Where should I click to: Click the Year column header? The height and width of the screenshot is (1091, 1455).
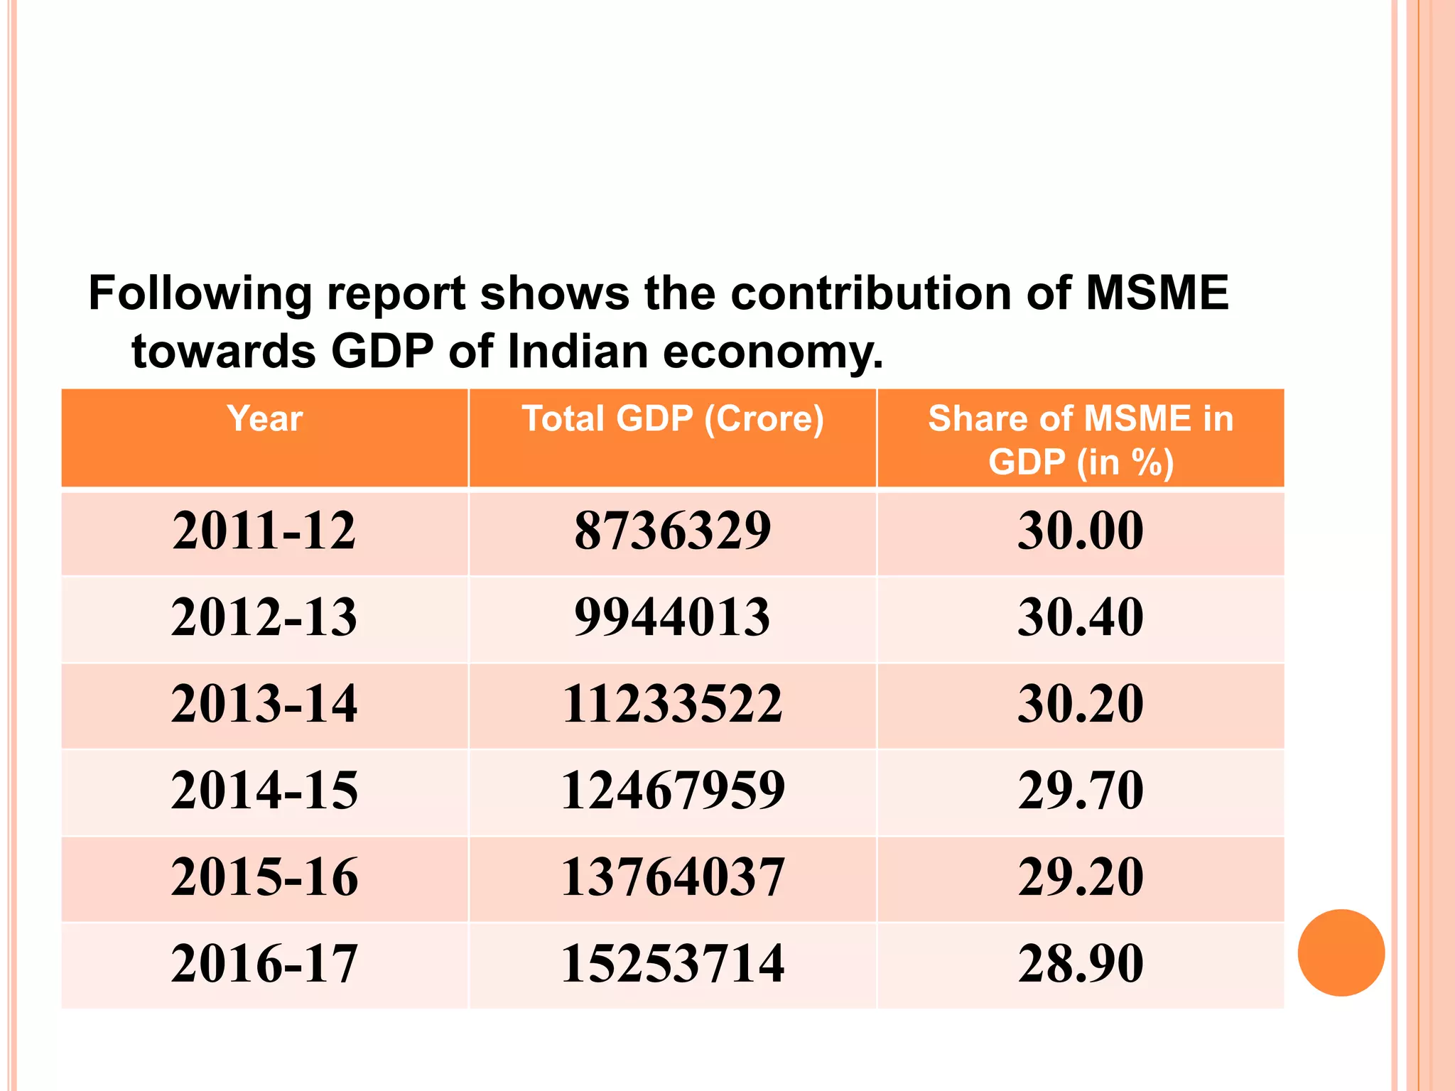pyautogui.click(x=264, y=418)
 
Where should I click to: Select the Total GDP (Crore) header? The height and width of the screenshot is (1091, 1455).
pyautogui.click(x=673, y=418)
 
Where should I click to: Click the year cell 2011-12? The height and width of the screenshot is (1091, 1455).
pyautogui.click(x=264, y=531)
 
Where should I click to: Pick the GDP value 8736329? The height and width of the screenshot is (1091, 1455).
pyautogui.click(x=673, y=531)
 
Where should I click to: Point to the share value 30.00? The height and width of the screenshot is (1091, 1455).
pyautogui.click(x=1081, y=531)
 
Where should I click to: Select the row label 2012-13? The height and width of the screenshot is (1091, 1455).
pyautogui.click(x=264, y=617)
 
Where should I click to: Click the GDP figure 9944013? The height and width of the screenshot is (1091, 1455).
pyautogui.click(x=673, y=617)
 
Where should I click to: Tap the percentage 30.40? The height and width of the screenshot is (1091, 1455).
pyautogui.click(x=1081, y=617)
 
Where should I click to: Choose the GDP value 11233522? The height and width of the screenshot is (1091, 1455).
pyautogui.click(x=673, y=704)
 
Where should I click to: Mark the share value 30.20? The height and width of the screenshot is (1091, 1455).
pyautogui.click(x=1081, y=704)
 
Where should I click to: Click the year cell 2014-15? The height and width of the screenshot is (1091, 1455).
pyautogui.click(x=264, y=791)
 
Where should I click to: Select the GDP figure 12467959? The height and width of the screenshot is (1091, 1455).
pyautogui.click(x=673, y=791)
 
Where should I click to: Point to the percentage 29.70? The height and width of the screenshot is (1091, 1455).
pyautogui.click(x=1081, y=791)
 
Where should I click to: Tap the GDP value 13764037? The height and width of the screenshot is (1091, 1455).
pyautogui.click(x=673, y=877)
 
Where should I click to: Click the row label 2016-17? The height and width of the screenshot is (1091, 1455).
pyautogui.click(x=264, y=964)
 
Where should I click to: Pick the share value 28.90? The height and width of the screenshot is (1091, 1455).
pyautogui.click(x=1081, y=964)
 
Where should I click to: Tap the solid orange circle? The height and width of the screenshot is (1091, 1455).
pyautogui.click(x=1341, y=952)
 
